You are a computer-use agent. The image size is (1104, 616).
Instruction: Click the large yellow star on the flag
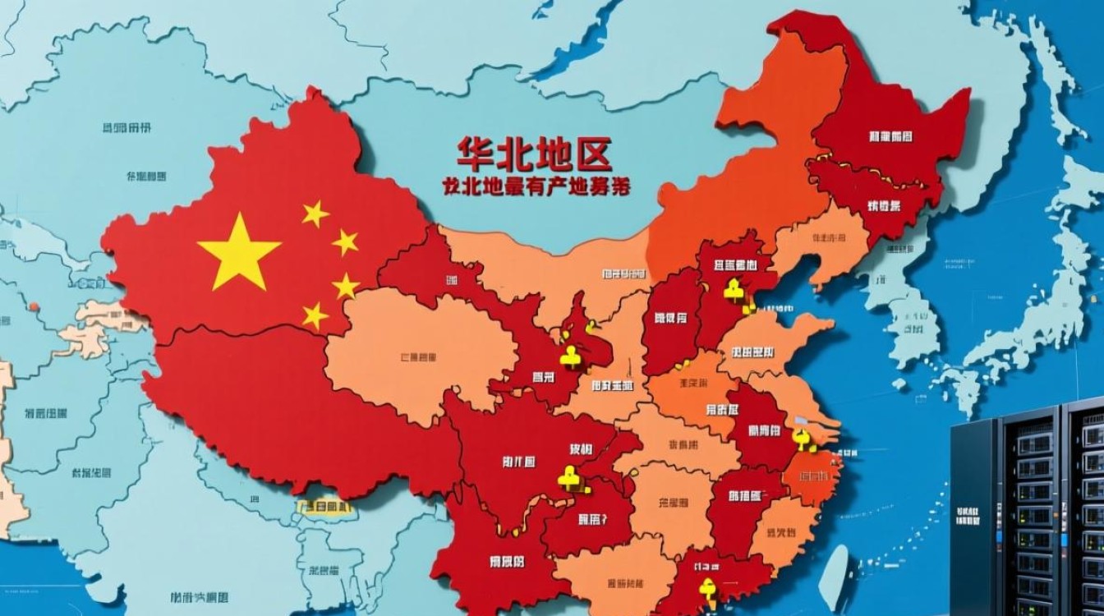coord(238,252)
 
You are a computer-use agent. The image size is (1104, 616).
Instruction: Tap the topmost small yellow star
coord(315,214)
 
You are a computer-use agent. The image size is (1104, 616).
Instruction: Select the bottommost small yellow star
coord(315,315)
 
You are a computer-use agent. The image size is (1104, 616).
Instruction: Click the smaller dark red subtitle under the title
coord(534,186)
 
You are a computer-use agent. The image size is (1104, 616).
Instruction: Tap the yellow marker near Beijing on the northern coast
coord(734,288)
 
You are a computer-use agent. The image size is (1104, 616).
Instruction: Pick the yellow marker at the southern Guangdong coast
coord(706,589)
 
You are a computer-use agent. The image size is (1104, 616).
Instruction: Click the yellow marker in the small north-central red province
coord(572,355)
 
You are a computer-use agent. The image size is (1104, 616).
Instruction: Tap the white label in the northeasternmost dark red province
coord(889,136)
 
